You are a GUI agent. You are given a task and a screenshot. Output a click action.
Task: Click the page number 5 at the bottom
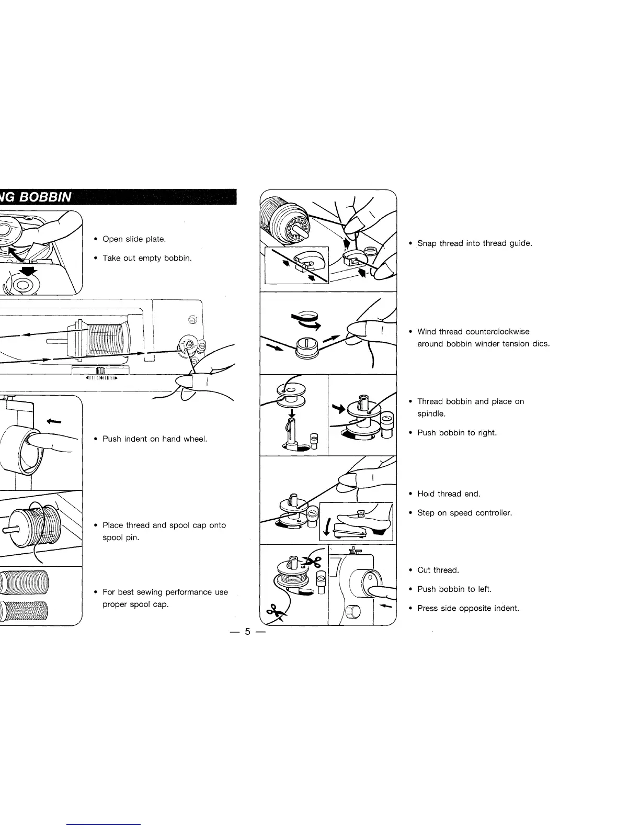tap(248, 632)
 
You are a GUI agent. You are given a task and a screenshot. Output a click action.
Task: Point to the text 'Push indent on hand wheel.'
tap(155, 439)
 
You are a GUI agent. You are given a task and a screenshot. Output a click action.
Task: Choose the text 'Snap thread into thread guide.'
tap(474, 243)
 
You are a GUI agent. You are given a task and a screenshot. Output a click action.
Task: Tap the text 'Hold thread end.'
tap(449, 494)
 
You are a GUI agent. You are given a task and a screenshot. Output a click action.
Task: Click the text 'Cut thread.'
tap(438, 570)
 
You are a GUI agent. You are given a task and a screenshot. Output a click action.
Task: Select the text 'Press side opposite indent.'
tap(468, 608)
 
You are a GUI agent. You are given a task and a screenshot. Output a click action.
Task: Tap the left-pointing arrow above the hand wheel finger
tap(53, 406)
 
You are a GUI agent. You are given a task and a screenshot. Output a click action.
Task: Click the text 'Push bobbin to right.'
tap(456, 433)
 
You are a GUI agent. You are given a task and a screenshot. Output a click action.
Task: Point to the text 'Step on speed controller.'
tap(464, 512)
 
